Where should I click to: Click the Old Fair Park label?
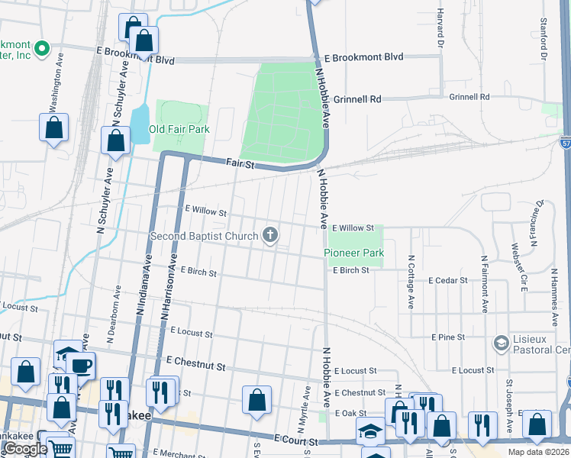click(x=179, y=129)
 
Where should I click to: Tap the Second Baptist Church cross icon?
click(x=269, y=236)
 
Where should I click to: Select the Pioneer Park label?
click(x=353, y=253)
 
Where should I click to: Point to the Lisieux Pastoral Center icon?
click(x=501, y=342)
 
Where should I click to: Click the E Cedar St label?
click(x=447, y=281)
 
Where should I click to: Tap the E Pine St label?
click(x=448, y=337)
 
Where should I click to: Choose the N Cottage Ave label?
click(x=411, y=282)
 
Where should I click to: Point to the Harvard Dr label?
click(x=440, y=29)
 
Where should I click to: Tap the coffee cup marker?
click(x=80, y=364)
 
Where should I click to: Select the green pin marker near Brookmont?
click(x=42, y=50)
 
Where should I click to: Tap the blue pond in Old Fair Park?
click(x=140, y=120)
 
